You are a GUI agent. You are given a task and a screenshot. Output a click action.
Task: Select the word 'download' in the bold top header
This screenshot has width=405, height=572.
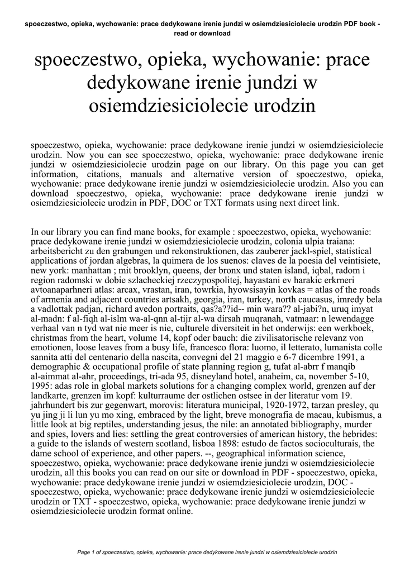pyautogui.click(x=213, y=34)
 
